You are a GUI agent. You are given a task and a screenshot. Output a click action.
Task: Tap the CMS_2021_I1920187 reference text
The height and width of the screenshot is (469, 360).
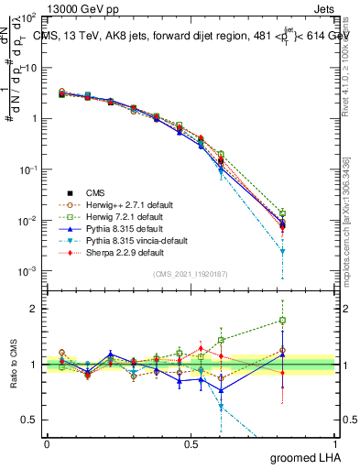click(191, 274)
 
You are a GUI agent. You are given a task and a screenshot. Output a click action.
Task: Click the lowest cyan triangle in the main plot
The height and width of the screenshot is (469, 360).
click(283, 251)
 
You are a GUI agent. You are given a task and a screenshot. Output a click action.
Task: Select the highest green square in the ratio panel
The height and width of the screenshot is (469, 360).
click(283, 321)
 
